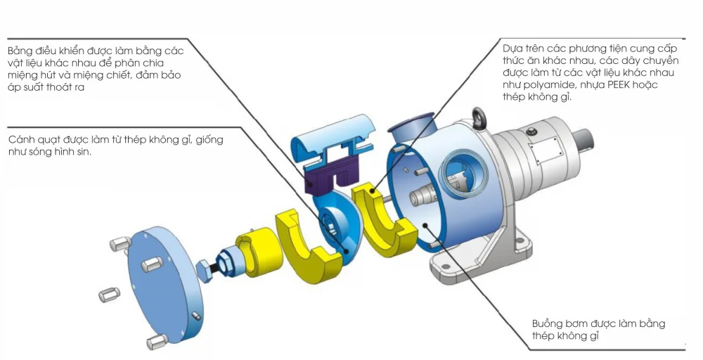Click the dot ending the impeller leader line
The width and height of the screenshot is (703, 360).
(347, 247)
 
